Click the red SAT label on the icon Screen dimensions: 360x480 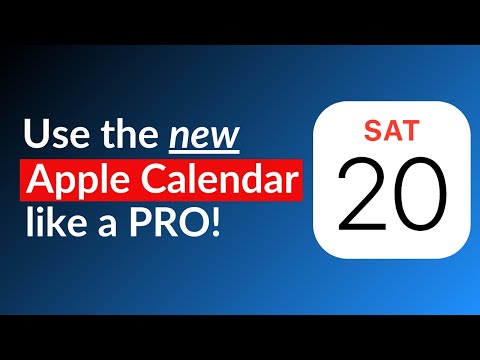[393, 130]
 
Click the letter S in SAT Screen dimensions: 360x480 [374, 130]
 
